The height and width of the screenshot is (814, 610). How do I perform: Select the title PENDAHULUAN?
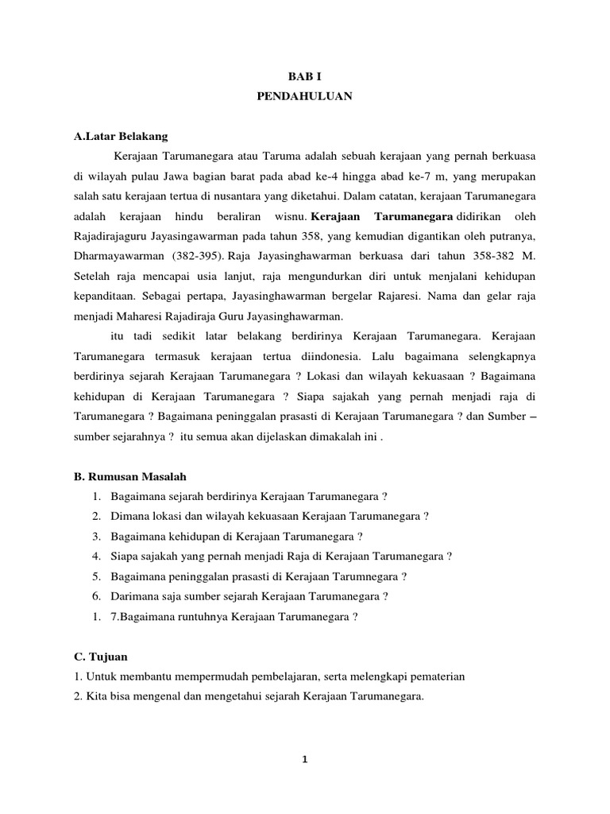304,96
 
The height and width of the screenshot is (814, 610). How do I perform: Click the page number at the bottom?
304,759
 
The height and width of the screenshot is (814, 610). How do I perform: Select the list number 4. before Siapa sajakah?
95,556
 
